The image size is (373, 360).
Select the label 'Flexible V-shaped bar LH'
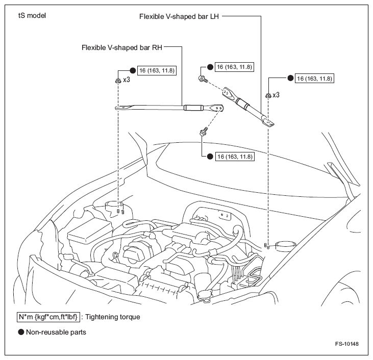click(180, 16)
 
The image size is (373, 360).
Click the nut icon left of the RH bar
click(118, 81)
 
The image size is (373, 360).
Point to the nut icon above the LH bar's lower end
click(268, 95)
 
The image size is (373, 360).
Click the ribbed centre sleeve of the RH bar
click(193, 108)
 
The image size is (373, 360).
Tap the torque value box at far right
click(315, 79)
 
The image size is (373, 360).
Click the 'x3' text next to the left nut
click(127, 81)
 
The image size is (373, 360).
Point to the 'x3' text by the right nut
click(277, 95)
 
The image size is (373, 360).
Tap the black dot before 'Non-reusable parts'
click(21, 332)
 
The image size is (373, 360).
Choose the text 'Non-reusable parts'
click(56, 332)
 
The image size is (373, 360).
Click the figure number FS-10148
click(347, 344)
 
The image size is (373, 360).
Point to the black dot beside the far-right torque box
click(290, 79)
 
